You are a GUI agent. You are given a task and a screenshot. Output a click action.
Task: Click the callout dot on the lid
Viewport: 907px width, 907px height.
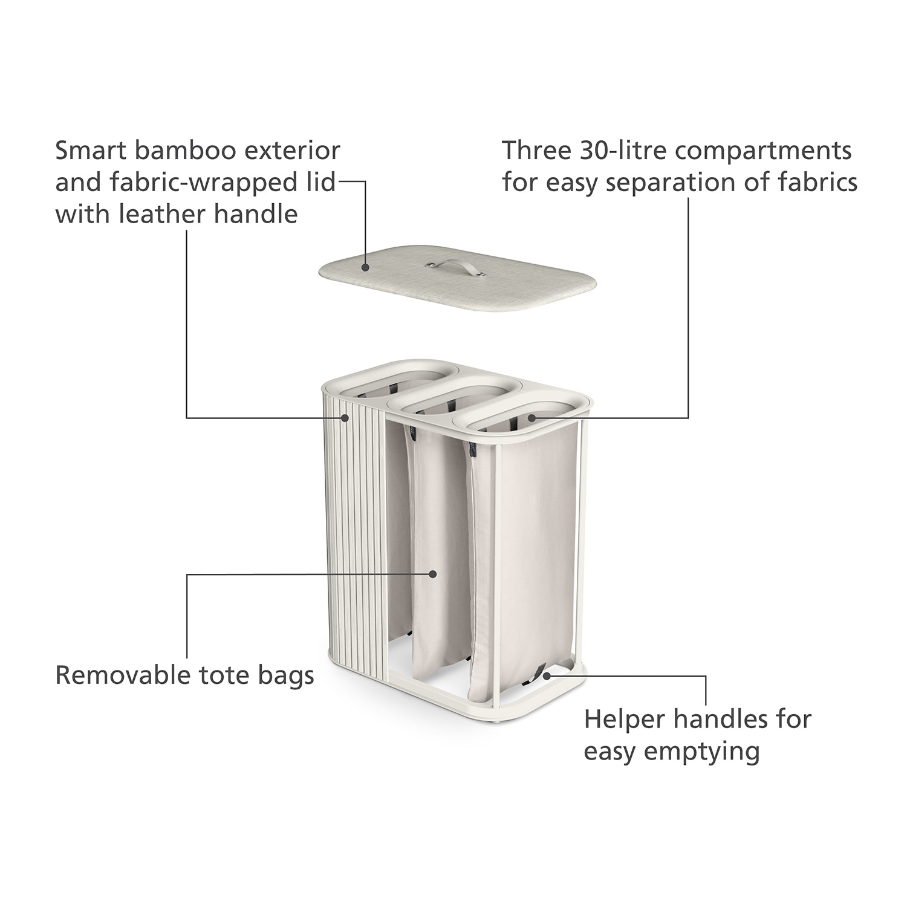tap(366, 266)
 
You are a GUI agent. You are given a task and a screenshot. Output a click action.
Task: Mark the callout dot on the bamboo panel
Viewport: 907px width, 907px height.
tap(345, 417)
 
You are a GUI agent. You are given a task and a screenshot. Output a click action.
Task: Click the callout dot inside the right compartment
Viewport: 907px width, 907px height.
tap(532, 417)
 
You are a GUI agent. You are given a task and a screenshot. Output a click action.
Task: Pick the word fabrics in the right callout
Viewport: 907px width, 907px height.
tap(819, 182)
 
